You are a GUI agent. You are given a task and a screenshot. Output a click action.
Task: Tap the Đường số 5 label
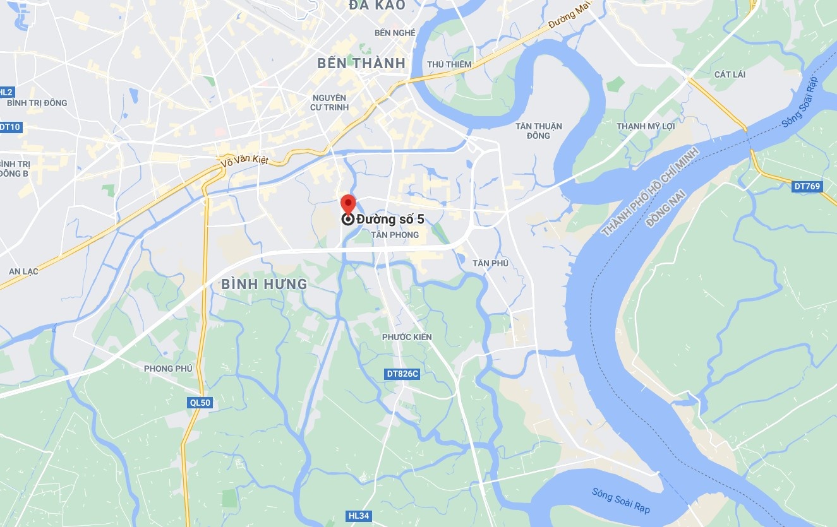390,219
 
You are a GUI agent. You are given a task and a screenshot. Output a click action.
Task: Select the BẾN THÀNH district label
361,62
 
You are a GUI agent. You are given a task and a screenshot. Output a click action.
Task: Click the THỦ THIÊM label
449,64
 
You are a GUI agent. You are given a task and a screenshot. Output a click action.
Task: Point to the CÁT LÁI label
730,74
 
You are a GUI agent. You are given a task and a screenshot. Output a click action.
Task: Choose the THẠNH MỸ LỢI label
646,126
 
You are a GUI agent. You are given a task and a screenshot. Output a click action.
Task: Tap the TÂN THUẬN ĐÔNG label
538,131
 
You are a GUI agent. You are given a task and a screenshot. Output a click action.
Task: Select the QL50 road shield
200,403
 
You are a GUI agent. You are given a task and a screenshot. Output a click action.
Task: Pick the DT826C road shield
402,374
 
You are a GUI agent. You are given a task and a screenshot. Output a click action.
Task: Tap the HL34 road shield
359,516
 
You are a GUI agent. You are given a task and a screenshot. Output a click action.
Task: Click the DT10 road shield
10,127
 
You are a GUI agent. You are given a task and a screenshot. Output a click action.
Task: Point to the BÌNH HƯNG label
264,285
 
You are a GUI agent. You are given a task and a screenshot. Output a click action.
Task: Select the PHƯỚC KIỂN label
407,337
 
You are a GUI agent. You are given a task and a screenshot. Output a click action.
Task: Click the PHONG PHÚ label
167,369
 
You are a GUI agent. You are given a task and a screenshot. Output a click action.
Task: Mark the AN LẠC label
23,271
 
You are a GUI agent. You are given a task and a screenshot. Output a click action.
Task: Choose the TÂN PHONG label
395,235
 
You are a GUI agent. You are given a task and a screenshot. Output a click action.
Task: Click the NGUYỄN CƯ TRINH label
330,102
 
